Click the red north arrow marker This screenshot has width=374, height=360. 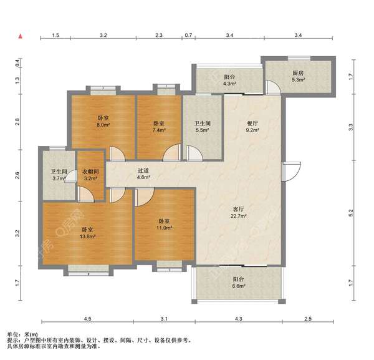pos(21,36)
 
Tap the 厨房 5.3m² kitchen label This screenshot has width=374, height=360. pos(298,76)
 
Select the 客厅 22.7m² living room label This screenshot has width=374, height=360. pos(238,213)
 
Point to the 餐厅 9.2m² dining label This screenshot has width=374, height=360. pos(252,127)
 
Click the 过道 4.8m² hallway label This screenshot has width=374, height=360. pos(143,174)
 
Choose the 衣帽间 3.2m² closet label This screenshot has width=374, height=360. pos(90,175)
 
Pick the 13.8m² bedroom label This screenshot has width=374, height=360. pos(88,233)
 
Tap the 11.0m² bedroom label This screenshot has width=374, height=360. pos(164,225)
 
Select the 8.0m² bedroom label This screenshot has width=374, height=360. pos(103,121)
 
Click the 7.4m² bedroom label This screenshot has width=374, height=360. pos(159,127)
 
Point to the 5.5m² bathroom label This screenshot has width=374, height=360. pos(202,127)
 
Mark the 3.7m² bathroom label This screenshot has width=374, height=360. pos(59,175)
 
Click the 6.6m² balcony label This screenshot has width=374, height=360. pos(238,283)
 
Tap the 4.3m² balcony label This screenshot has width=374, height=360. pos(229,80)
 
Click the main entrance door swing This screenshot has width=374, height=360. pos(291,171)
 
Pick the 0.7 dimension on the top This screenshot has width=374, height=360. pos(188,35)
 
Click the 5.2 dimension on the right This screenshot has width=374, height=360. pos(350,213)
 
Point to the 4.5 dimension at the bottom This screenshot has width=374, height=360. pos(87,319)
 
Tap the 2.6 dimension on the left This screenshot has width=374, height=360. pos(17,175)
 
